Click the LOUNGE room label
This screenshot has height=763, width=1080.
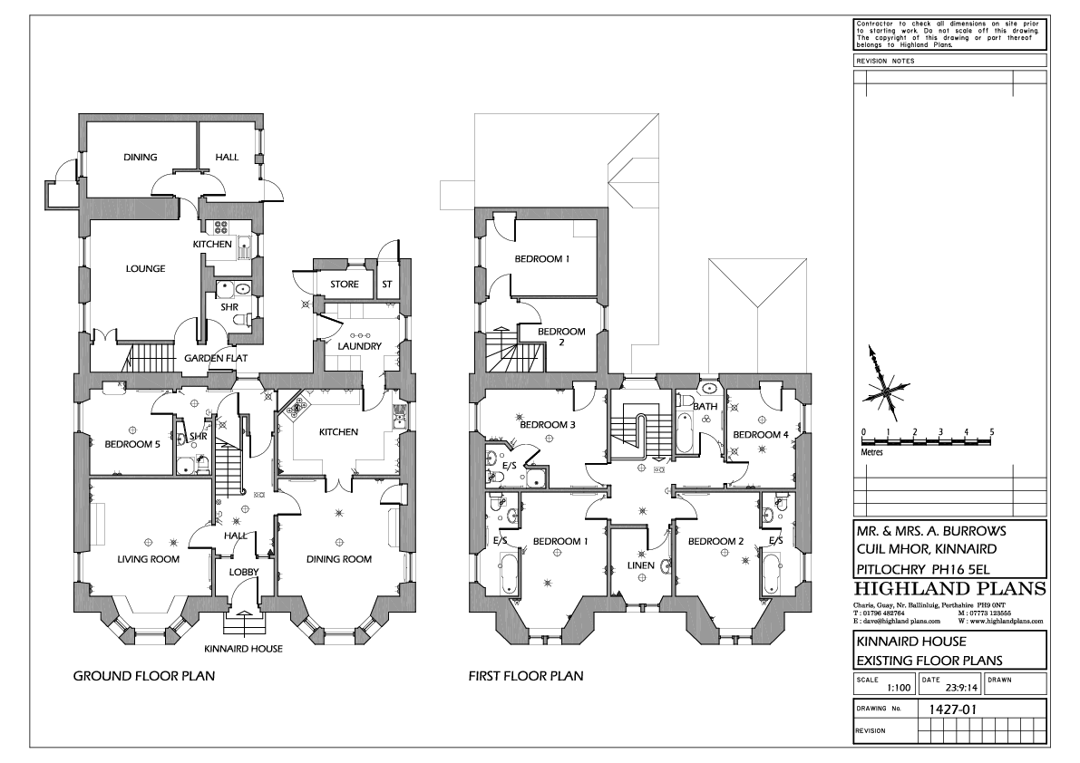pos(146,268)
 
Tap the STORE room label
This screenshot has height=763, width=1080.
pos(344,285)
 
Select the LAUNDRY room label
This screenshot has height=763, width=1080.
pos(358,346)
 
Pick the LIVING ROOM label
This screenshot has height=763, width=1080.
pos(148,559)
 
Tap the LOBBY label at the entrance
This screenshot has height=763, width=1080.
pos(243,571)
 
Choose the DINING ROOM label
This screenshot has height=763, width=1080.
pos(338,559)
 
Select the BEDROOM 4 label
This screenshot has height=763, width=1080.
pos(760,434)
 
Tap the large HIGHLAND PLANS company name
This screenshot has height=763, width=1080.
pos(949,590)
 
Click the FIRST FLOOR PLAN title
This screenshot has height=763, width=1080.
pos(525,676)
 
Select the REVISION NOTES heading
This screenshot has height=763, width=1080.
pos(885,61)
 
